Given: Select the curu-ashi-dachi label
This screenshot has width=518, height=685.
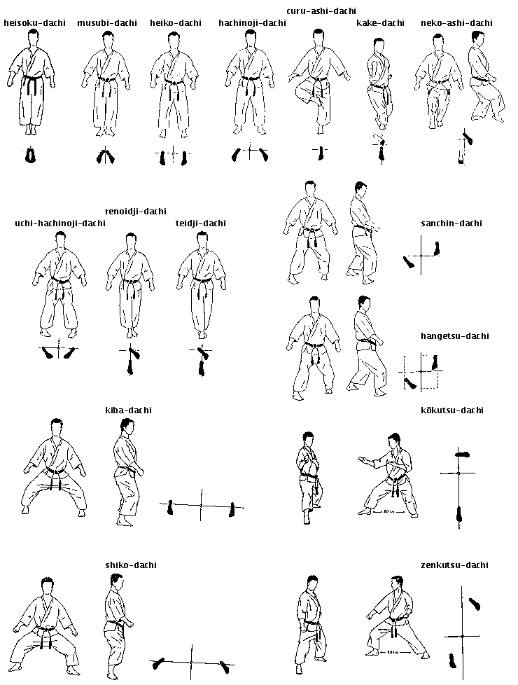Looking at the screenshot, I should coord(321,11).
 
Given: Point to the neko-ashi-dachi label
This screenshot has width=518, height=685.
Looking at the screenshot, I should coord(456,23).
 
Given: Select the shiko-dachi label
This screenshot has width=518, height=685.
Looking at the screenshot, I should coord(130,565).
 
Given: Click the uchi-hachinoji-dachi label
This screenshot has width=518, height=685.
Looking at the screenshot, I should coord(60,223).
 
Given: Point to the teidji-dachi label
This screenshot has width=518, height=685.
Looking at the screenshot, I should coord(201,223).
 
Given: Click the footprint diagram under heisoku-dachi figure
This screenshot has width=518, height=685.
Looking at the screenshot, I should coord(30,155).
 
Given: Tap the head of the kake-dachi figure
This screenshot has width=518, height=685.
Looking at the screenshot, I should coord(379,46).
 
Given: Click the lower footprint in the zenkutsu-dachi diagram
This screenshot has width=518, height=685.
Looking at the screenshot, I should coord(452,658).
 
